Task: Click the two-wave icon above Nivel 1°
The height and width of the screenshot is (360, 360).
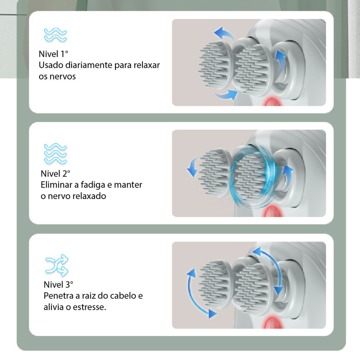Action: [x=55, y=35]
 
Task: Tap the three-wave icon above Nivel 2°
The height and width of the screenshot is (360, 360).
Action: [x=55, y=153]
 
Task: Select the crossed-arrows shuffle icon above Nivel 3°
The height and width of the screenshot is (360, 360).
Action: [x=57, y=265]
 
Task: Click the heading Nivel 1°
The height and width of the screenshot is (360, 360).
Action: [x=53, y=54]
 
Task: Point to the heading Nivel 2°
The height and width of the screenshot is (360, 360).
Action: [x=55, y=174]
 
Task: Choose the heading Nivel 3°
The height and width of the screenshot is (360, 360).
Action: [x=58, y=284]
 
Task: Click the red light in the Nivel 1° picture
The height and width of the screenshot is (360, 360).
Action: [x=272, y=102]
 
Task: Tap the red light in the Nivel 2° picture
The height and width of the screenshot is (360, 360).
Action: [x=273, y=211]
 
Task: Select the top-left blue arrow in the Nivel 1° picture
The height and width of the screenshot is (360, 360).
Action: [x=224, y=34]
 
